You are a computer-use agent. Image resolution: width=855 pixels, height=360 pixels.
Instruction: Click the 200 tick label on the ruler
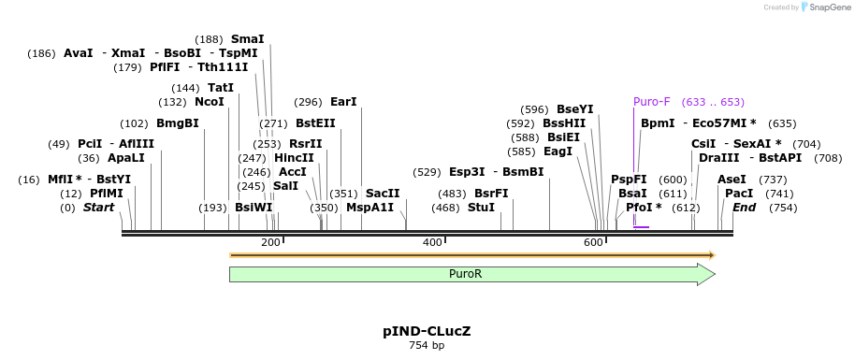[x=270, y=243]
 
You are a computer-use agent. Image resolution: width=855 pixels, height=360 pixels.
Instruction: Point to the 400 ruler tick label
[x=432, y=243]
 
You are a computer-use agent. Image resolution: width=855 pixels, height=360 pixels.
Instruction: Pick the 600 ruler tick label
[x=593, y=243]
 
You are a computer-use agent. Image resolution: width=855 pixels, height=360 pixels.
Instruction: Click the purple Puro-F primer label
[x=652, y=102]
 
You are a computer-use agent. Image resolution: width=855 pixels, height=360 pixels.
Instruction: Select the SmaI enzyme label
[x=248, y=39]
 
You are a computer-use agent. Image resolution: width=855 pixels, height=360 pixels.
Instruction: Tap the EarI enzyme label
[x=343, y=102]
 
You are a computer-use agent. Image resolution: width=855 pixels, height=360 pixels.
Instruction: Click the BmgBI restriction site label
[x=178, y=123]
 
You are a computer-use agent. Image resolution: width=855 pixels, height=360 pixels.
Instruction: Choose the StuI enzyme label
[x=481, y=208]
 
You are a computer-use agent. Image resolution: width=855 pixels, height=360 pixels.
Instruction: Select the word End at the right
[x=744, y=208]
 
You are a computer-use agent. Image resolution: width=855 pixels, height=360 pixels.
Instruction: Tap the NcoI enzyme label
[x=210, y=102]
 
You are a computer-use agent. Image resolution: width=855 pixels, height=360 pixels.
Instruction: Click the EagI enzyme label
[x=558, y=151]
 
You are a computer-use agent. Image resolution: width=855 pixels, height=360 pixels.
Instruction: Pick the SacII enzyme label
[x=383, y=194]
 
